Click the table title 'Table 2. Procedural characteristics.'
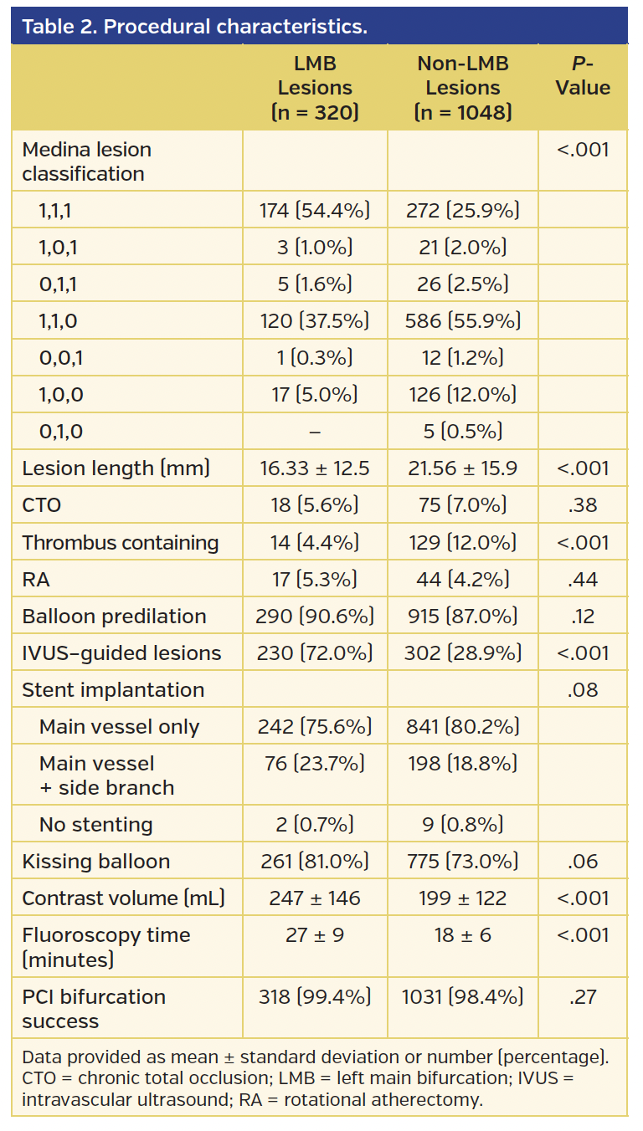click(194, 27)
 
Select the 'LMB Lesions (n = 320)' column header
click(315, 88)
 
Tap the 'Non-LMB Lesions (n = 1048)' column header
click(462, 88)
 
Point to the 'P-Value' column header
click(583, 76)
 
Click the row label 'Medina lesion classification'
click(87, 161)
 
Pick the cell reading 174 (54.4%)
click(315, 211)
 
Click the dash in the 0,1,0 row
click(315, 432)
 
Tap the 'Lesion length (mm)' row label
click(116, 468)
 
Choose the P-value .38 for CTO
click(583, 505)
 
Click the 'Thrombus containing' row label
click(121, 542)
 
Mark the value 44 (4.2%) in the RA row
click(462, 579)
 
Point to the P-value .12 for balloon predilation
click(583, 616)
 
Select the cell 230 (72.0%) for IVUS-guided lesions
click(315, 652)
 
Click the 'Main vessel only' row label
click(119, 727)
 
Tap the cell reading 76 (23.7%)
click(315, 763)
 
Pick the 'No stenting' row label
click(95, 825)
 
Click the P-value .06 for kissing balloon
click(583, 862)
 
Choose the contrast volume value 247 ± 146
click(315, 898)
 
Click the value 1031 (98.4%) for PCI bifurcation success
click(462, 997)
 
